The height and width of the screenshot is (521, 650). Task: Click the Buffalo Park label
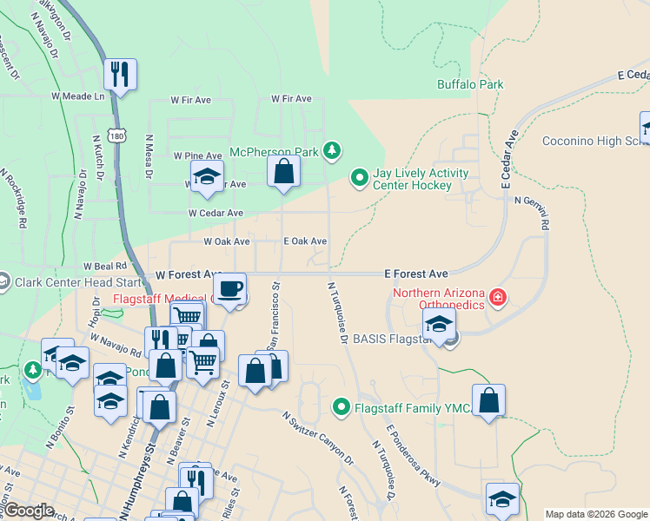pyautogui.click(x=470, y=85)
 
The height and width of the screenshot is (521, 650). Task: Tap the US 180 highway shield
pyautogui.click(x=115, y=135)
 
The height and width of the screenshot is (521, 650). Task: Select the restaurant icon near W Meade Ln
pyautogui.click(x=120, y=75)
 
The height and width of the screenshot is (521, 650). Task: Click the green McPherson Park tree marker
pyautogui.click(x=330, y=151)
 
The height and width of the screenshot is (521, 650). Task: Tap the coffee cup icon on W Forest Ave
pyautogui.click(x=230, y=288)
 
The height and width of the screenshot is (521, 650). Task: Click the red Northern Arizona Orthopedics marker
pyautogui.click(x=497, y=299)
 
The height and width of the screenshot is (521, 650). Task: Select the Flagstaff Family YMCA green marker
pyautogui.click(x=342, y=406)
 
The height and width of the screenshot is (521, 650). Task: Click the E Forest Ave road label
pyautogui.click(x=416, y=274)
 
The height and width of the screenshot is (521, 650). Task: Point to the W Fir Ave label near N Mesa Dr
pyautogui.click(x=191, y=100)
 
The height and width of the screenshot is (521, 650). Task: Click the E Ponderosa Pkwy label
pyautogui.click(x=414, y=457)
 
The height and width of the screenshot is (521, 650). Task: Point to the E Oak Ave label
pyautogui.click(x=305, y=241)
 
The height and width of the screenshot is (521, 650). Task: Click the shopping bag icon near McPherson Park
pyautogui.click(x=283, y=171)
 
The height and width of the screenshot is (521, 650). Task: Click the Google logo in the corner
pyautogui.click(x=29, y=511)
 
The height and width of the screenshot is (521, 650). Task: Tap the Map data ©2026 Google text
pyautogui.click(x=596, y=514)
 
